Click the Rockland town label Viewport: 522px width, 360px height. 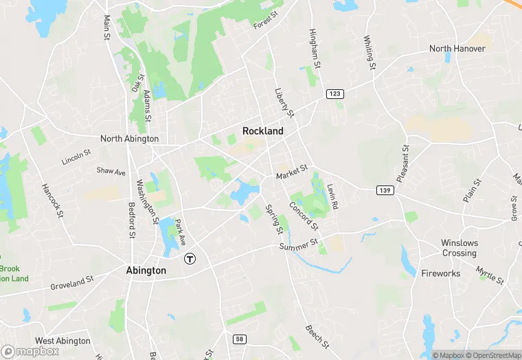pyautogui.click(x=263, y=131)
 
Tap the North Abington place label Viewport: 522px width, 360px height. pyautogui.click(x=130, y=138)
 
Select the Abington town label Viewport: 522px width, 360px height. pyautogui.click(x=146, y=270)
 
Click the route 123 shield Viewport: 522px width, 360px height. pyautogui.click(x=334, y=93)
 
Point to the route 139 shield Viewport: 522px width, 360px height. pyautogui.click(x=385, y=189)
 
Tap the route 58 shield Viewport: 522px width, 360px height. pyautogui.click(x=239, y=339)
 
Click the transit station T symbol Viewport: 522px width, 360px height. pyautogui.click(x=190, y=259)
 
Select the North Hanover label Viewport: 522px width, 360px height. pyautogui.click(x=457, y=49)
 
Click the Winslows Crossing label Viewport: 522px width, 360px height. pyautogui.click(x=459, y=248)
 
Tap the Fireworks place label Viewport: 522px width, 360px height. pyautogui.click(x=440, y=273)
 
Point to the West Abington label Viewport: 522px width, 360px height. pyautogui.click(x=63, y=341)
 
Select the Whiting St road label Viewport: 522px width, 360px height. pyautogui.click(x=370, y=53)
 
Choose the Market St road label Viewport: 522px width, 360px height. pyautogui.click(x=291, y=171)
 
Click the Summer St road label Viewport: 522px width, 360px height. pyautogui.click(x=298, y=244)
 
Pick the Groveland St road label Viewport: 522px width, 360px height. pyautogui.click(x=71, y=282)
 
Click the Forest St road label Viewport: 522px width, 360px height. pyautogui.click(x=265, y=21)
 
